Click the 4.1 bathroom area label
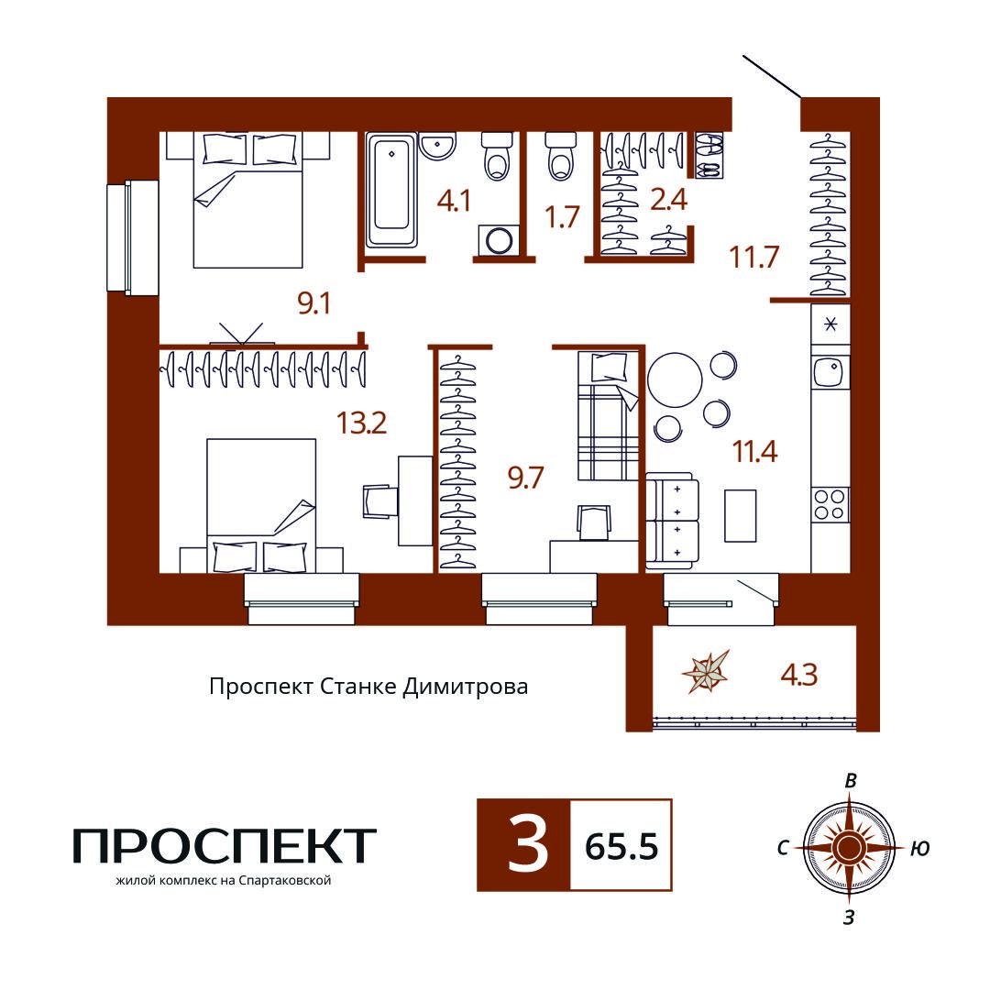point(454,202)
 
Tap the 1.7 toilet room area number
point(562,216)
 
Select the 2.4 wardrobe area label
point(668,200)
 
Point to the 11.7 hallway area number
point(753,257)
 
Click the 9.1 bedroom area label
point(313,303)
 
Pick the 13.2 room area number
point(361,423)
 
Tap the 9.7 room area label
point(525,478)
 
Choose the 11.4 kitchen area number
point(754,451)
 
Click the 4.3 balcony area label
point(798,675)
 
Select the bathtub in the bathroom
point(391,190)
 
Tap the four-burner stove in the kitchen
point(830,504)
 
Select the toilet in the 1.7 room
point(560,156)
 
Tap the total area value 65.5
point(621,846)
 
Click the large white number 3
point(528,845)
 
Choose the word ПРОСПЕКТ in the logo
point(225,846)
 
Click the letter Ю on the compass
point(920,848)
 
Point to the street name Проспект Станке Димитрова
point(368,687)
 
